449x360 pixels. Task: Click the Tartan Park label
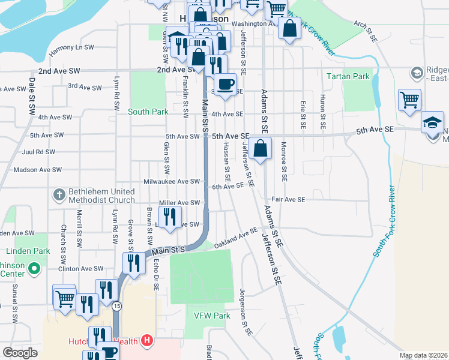(348, 76)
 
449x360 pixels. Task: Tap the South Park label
(148, 112)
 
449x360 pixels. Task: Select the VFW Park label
(212, 316)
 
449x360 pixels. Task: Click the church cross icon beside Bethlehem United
(59, 194)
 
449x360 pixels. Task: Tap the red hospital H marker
(147, 342)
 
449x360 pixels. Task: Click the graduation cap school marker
(432, 122)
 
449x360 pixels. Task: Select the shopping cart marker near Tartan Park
(409, 99)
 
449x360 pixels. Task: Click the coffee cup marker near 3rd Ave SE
(226, 85)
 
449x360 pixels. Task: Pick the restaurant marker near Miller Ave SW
(170, 217)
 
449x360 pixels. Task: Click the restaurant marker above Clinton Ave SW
(134, 262)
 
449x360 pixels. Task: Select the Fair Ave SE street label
(288, 199)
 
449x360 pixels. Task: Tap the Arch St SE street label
(365, 31)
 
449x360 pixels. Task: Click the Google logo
(20, 353)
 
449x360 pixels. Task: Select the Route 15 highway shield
(116, 306)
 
